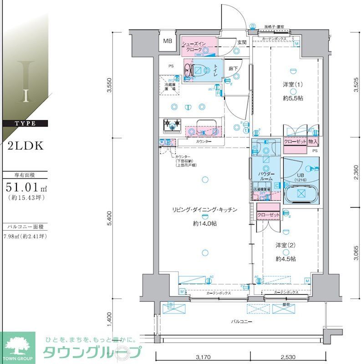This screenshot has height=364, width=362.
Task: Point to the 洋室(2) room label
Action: [286, 245]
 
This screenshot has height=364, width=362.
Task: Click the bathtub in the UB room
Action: [301, 193]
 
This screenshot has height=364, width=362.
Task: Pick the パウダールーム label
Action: [266, 177]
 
